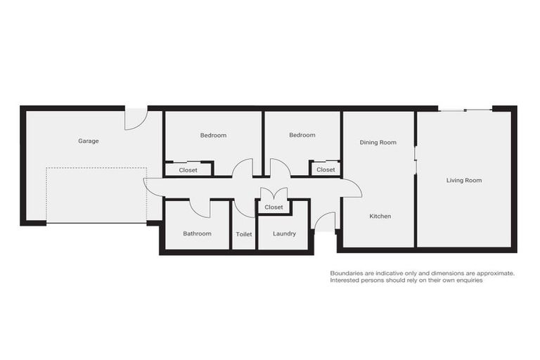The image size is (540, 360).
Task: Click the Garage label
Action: [89, 141]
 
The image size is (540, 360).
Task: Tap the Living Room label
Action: [464, 180]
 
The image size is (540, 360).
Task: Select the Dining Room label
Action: [378, 142]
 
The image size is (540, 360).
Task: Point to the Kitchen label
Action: [380, 216]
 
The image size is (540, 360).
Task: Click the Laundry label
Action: [284, 233]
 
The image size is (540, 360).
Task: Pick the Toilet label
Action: [244, 233]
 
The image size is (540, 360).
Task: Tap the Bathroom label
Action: [197, 233]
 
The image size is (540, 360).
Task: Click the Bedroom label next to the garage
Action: [213, 135]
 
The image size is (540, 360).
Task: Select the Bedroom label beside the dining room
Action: [302, 135]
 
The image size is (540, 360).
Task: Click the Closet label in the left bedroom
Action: [188, 170]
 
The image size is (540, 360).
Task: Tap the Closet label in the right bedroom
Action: [326, 169]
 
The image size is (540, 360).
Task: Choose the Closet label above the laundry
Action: [274, 207]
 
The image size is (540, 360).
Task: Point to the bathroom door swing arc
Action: [200, 208]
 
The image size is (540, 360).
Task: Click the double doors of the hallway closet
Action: [274, 193]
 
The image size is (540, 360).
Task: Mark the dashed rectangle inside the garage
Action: [96, 195]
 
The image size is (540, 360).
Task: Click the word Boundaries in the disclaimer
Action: [347, 273]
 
